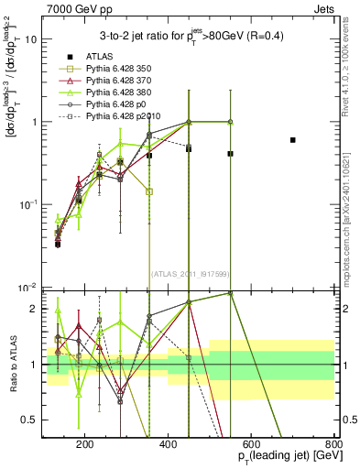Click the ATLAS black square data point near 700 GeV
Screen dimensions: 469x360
click(x=292, y=140)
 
